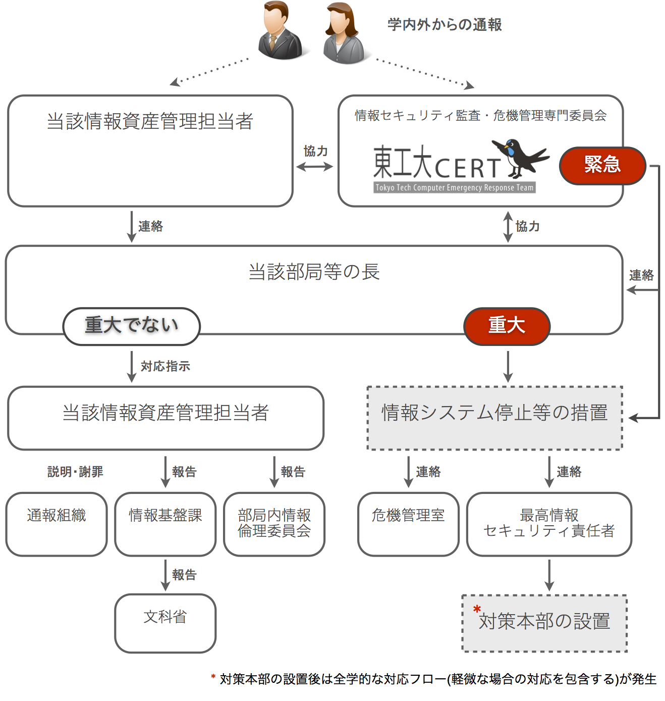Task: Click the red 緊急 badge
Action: tap(602, 165)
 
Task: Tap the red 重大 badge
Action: tap(507, 326)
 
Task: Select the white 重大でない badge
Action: tap(131, 326)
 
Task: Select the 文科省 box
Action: tap(165, 623)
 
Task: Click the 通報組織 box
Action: tap(57, 524)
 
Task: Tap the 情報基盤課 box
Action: tap(165, 524)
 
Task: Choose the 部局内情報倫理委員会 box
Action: tap(274, 524)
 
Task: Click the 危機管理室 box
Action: tap(408, 524)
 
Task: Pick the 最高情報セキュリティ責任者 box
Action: tap(549, 524)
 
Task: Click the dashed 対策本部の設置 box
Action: tap(544, 623)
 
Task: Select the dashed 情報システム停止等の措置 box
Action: tap(494, 418)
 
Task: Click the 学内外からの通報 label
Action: tap(445, 24)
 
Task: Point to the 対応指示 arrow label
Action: tap(165, 366)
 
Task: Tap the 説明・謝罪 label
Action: tap(75, 472)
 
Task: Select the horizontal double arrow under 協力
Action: tap(314, 167)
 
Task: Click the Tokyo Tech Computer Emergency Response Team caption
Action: tap(454, 188)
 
